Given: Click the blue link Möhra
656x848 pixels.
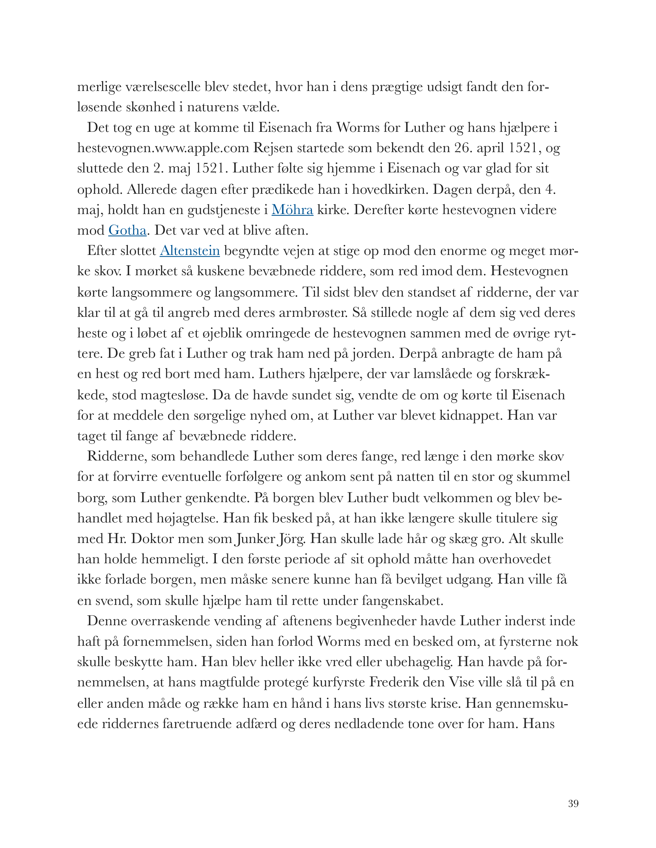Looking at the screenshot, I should [292, 210].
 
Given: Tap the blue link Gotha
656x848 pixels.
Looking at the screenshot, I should [127, 231].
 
